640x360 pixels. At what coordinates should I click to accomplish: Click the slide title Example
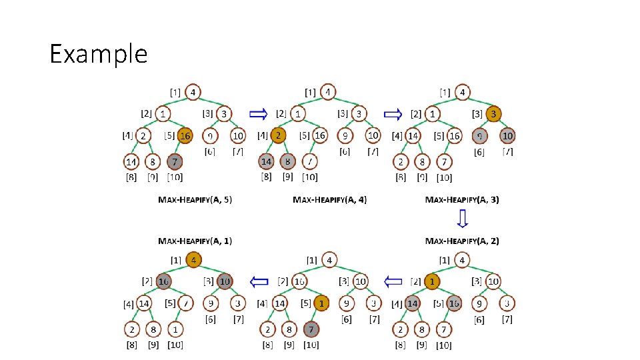pyautogui.click(x=99, y=53)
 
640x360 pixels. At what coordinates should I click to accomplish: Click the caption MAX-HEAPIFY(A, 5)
pyautogui.click(x=195, y=199)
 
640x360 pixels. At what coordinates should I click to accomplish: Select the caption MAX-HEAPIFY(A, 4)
pyautogui.click(x=330, y=199)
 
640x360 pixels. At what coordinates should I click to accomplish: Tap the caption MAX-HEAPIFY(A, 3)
pyautogui.click(x=462, y=199)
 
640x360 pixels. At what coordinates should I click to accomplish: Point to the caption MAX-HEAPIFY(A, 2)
pyautogui.click(x=462, y=241)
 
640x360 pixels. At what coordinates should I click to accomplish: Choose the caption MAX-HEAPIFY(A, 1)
pyautogui.click(x=195, y=241)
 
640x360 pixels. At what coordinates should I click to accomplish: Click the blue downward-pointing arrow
pyautogui.click(x=463, y=219)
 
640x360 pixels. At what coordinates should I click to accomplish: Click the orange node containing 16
pyautogui.click(x=185, y=136)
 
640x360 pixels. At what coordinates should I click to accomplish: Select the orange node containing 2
pyautogui.click(x=278, y=135)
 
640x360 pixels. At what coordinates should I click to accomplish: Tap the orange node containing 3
pyautogui.click(x=493, y=114)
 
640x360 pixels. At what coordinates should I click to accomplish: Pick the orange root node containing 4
pyautogui.click(x=193, y=260)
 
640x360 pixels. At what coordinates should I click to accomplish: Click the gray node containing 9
pyautogui.click(x=479, y=136)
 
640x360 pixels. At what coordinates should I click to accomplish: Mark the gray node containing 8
pyautogui.click(x=289, y=161)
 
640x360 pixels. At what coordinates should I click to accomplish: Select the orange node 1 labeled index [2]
pyautogui.click(x=433, y=282)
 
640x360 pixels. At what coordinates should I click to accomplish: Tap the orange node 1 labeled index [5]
pyautogui.click(x=321, y=303)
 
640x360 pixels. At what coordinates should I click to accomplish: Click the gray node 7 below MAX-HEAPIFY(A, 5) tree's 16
pyautogui.click(x=175, y=161)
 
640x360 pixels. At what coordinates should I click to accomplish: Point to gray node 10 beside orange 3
pyautogui.click(x=508, y=136)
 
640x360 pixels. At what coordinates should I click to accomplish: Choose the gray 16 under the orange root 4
pyautogui.click(x=164, y=282)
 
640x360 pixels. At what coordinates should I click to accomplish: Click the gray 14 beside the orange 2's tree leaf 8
pyautogui.click(x=267, y=161)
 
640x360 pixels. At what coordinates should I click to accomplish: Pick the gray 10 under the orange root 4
pyautogui.click(x=224, y=282)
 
